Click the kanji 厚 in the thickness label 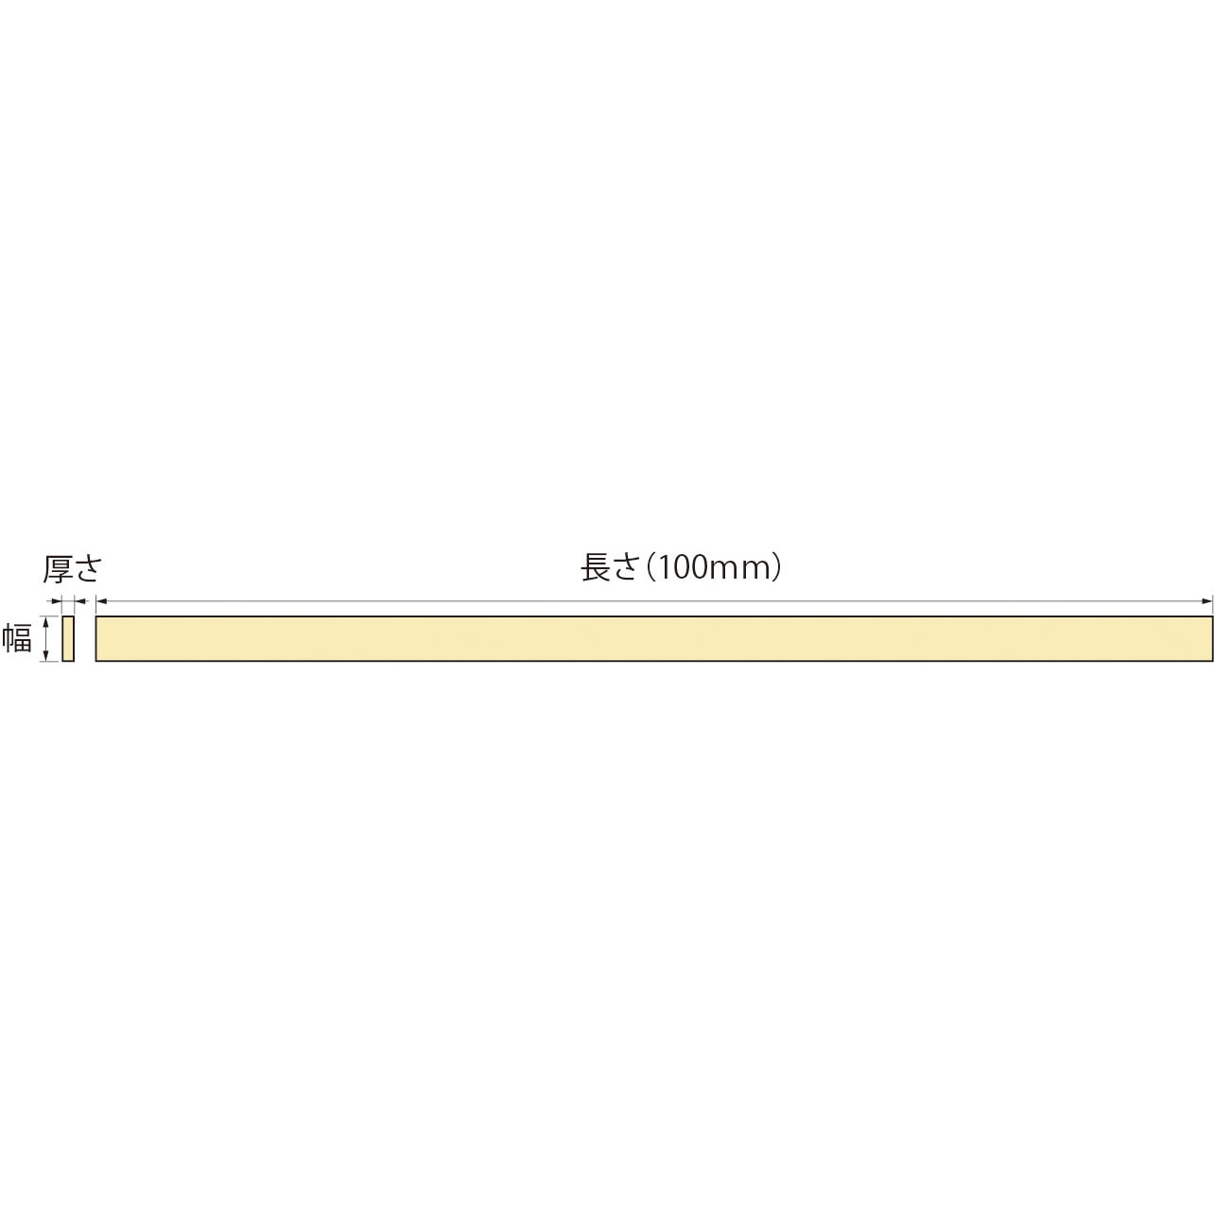58,569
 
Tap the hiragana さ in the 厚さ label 87,569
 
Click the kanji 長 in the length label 596,567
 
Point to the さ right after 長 626,568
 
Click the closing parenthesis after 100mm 776,568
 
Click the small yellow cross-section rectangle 68,638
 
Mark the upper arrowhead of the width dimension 45,620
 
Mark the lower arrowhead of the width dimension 45,656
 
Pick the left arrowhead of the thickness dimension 58,600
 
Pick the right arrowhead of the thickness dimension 78,600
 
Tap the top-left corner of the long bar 96,616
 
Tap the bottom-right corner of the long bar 1211,660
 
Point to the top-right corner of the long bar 1211,616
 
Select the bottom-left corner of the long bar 96,660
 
